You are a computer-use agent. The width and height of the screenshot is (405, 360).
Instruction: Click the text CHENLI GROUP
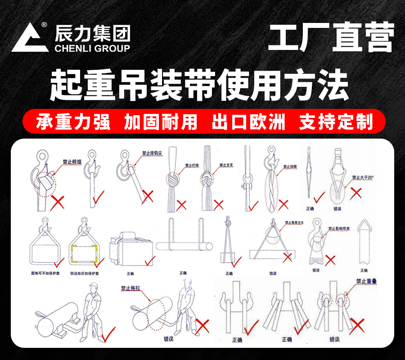point(92,48)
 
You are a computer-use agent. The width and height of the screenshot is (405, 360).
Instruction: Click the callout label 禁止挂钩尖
point(152,153)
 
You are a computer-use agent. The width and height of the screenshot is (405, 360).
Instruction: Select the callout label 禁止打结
point(192,165)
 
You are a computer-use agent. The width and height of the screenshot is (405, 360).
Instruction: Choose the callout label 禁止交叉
point(227,165)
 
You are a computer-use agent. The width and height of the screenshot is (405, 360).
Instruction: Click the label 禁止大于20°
point(363,178)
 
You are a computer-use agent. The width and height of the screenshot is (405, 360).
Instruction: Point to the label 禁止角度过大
point(295,223)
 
